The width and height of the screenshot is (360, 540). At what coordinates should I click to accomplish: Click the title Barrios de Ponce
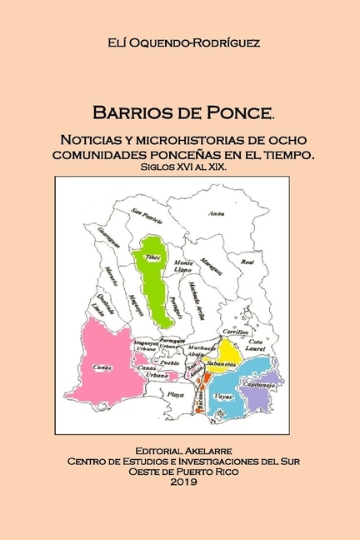click(x=180, y=112)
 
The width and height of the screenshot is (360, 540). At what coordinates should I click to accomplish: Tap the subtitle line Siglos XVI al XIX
click(x=180, y=167)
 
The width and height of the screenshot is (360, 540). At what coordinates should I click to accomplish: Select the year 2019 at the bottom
click(x=180, y=482)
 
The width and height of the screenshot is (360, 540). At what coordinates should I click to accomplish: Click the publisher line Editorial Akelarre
click(x=180, y=448)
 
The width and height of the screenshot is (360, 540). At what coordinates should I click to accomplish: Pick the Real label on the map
click(x=247, y=262)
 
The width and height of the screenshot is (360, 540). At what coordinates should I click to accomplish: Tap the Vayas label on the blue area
click(x=222, y=397)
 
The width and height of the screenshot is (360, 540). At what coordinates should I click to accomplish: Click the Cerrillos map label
click(x=237, y=332)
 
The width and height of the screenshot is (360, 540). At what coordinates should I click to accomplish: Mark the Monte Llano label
click(x=183, y=266)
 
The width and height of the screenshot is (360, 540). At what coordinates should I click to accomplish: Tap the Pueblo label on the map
click(x=169, y=363)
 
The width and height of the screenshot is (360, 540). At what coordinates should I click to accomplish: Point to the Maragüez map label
click(x=212, y=265)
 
